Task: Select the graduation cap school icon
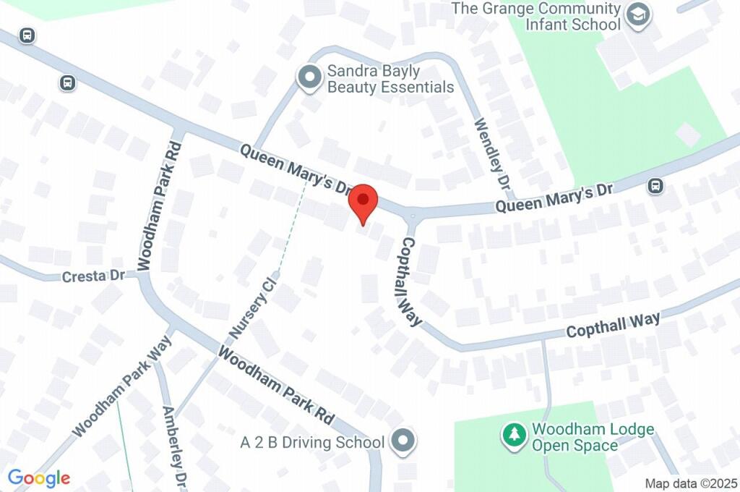tap(638, 15)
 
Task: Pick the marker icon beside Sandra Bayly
tap(310, 78)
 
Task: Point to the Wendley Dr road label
tap(492, 153)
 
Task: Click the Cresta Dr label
tap(93, 276)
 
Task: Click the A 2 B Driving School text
tap(312, 441)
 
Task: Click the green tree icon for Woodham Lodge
tap(514, 435)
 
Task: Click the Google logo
tap(39, 478)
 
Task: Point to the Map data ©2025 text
tap(690, 483)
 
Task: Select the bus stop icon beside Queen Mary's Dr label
tap(655, 186)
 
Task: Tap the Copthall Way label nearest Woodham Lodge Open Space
tap(614, 325)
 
